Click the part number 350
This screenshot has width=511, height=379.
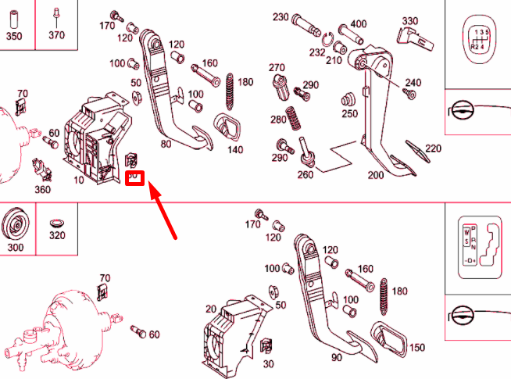pos(14,35)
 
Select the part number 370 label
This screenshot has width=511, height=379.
pos(56,35)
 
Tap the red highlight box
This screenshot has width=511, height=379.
pos(134,177)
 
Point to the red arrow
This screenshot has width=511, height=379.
pos(166,209)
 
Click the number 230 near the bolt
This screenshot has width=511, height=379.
pos(281,17)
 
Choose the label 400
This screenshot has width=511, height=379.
pos(359,24)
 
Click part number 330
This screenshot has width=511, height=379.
pos(410,20)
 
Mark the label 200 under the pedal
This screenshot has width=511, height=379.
pos(376,175)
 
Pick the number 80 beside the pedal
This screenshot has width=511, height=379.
pos(166,144)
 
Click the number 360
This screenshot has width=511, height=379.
pos(42,189)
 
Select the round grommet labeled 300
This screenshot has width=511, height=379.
pos(15,227)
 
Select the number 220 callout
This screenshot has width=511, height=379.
pos(433,148)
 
